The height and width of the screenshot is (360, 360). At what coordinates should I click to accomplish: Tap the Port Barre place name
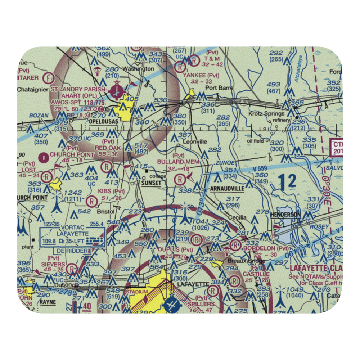(x=219, y=88)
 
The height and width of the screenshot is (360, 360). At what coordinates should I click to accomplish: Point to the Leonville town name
(x=195, y=142)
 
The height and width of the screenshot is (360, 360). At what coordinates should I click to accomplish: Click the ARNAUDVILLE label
(x=227, y=189)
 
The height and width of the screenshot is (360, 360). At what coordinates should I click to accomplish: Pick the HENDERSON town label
(x=285, y=214)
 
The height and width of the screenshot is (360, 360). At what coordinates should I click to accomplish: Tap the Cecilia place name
(x=237, y=218)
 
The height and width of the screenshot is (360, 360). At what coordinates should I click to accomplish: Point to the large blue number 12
(x=287, y=181)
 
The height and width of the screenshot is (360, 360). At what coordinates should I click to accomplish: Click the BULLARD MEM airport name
(x=178, y=162)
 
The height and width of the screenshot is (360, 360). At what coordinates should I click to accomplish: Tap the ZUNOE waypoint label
(x=225, y=163)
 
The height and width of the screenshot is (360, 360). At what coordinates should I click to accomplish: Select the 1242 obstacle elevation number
(x=73, y=193)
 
